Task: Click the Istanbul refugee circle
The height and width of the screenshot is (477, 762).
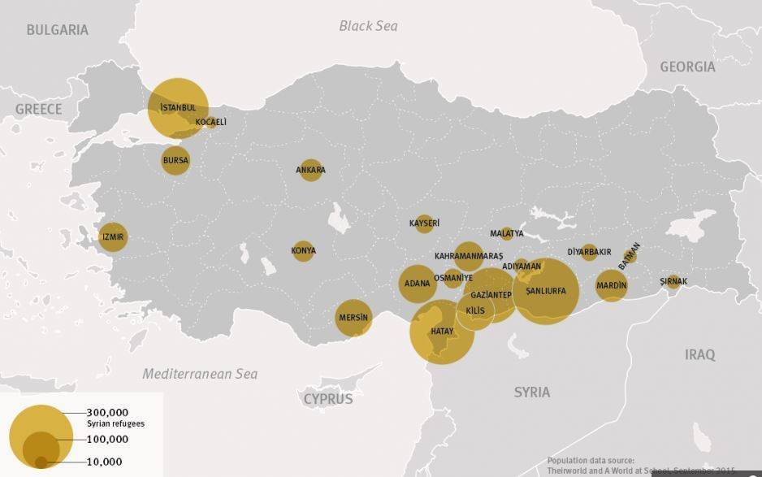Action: [178, 108]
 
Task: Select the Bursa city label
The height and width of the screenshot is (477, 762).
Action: [175, 160]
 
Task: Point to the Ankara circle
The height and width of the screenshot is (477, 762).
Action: [310, 170]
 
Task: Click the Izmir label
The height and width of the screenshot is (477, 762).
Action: [113, 238]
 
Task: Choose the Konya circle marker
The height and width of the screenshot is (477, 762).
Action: [303, 250]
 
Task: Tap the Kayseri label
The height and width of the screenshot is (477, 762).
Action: [424, 223]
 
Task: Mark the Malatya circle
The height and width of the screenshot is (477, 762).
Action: [507, 233]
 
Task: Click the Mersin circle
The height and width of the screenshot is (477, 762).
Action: [353, 318]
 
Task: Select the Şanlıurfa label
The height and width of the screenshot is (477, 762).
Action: [546, 291]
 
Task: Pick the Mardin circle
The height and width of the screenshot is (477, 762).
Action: [611, 285]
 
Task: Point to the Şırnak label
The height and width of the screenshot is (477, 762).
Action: [673, 282]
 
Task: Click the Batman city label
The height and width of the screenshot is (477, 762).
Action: [630, 255]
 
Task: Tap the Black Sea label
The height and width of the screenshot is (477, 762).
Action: [368, 26]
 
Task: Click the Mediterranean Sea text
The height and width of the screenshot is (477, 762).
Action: [200, 374]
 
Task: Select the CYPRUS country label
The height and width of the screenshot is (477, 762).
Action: [328, 399]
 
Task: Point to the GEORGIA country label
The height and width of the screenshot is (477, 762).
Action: [687, 67]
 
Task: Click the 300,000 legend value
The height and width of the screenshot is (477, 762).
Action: [107, 413]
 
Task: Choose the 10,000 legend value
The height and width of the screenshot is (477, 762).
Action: [104, 462]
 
